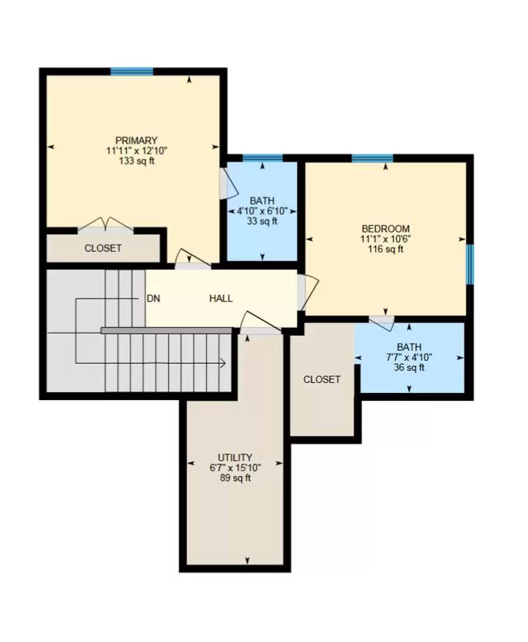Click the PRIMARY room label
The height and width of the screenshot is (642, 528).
137,141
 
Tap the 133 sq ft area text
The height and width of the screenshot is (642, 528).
137,161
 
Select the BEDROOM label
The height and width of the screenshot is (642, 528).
386,229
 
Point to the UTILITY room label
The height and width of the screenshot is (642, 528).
235,457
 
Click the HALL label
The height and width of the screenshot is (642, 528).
221,299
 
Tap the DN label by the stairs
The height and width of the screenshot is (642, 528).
153,299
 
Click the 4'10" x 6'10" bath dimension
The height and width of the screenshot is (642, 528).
262,211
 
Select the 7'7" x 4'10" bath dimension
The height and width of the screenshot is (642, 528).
409,357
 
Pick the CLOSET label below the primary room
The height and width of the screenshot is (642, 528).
103,248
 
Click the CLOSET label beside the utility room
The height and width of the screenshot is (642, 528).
322,379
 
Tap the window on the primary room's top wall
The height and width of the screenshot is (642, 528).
131,72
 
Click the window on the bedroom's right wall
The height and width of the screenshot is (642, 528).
469,264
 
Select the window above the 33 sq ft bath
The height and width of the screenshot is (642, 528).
262,158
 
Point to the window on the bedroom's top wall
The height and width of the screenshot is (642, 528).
372,158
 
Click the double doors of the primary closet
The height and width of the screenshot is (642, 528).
105,225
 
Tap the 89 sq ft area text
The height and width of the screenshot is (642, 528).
235,477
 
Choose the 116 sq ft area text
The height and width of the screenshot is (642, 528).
386,249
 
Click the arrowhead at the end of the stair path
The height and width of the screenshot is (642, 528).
222,363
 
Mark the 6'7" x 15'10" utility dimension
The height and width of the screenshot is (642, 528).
235,467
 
